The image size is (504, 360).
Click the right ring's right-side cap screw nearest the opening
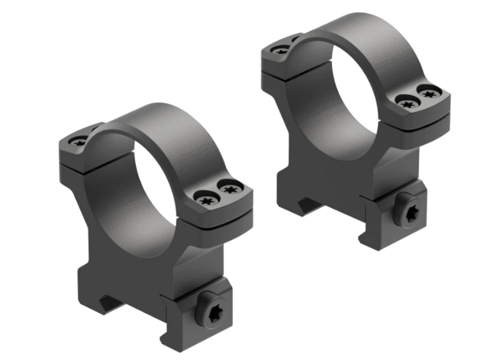tap(406, 101)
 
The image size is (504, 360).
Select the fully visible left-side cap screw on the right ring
tap(281, 49)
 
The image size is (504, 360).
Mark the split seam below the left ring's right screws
tap(219, 218)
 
